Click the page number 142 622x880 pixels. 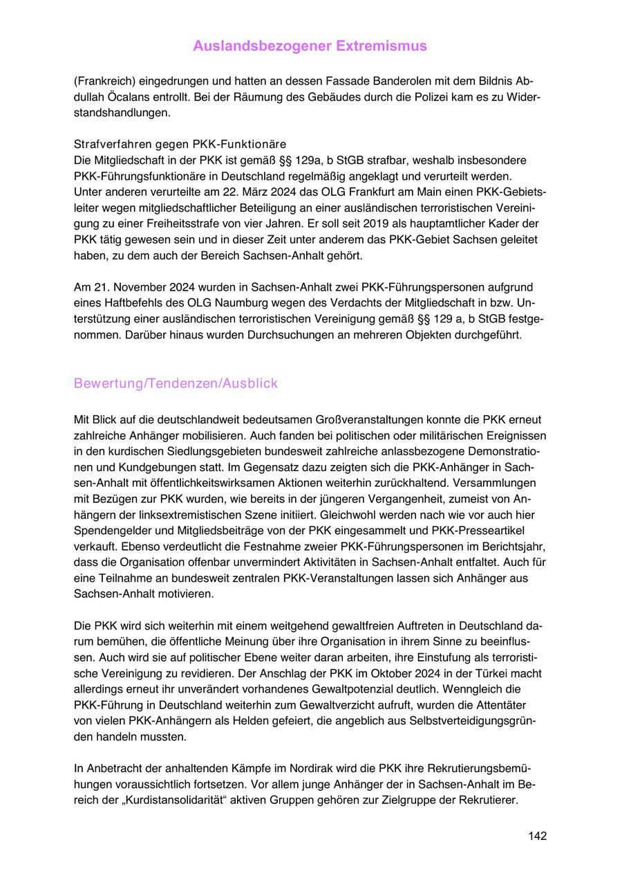point(537,836)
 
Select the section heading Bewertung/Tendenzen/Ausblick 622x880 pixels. point(176,383)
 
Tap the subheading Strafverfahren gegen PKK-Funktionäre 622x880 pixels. point(180,145)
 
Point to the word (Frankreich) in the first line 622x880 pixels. point(105,80)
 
